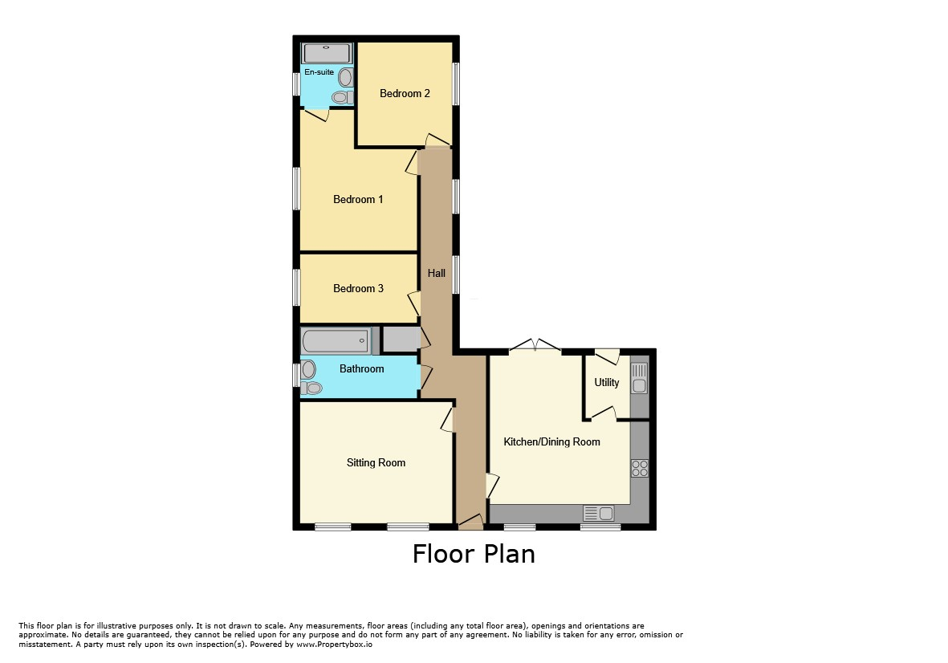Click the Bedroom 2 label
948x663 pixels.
coord(405,93)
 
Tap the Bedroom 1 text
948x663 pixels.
coord(358,199)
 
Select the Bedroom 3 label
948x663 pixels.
coord(358,288)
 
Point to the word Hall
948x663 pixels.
coord(436,273)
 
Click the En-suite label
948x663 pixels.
coord(319,72)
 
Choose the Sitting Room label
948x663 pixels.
coord(376,462)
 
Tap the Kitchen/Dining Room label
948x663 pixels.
coord(551,441)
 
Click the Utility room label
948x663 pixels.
coord(606,382)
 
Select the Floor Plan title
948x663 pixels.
coord(474,554)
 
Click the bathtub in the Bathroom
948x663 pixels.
coord(336,341)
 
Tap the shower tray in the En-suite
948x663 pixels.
coord(327,53)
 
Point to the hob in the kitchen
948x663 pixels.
coord(640,469)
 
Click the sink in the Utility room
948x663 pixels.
coord(639,378)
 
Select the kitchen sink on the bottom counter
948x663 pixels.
coord(599,514)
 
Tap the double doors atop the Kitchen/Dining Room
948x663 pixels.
coord(535,345)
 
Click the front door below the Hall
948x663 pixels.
coord(471,523)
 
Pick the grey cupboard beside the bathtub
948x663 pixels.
coord(401,340)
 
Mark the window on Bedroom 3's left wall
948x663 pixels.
coord(296,287)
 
